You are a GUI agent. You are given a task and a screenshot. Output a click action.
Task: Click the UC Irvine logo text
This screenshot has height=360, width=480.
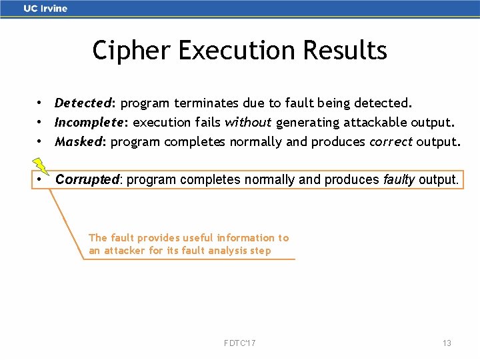pyautogui.click(x=45, y=9)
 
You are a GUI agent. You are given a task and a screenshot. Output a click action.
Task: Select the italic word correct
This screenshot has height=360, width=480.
pyautogui.click(x=391, y=142)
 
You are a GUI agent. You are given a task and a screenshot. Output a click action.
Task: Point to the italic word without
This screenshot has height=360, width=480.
pyautogui.click(x=248, y=123)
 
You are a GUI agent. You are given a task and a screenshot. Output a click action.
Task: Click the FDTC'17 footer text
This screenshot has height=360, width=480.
pyautogui.click(x=240, y=343)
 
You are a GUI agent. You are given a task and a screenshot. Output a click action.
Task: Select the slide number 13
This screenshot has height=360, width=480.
pyautogui.click(x=447, y=343)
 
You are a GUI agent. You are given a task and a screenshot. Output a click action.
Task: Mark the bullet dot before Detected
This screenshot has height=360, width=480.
pyautogui.click(x=41, y=103)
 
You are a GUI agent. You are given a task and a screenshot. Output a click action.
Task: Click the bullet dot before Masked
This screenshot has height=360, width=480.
pyautogui.click(x=41, y=142)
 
